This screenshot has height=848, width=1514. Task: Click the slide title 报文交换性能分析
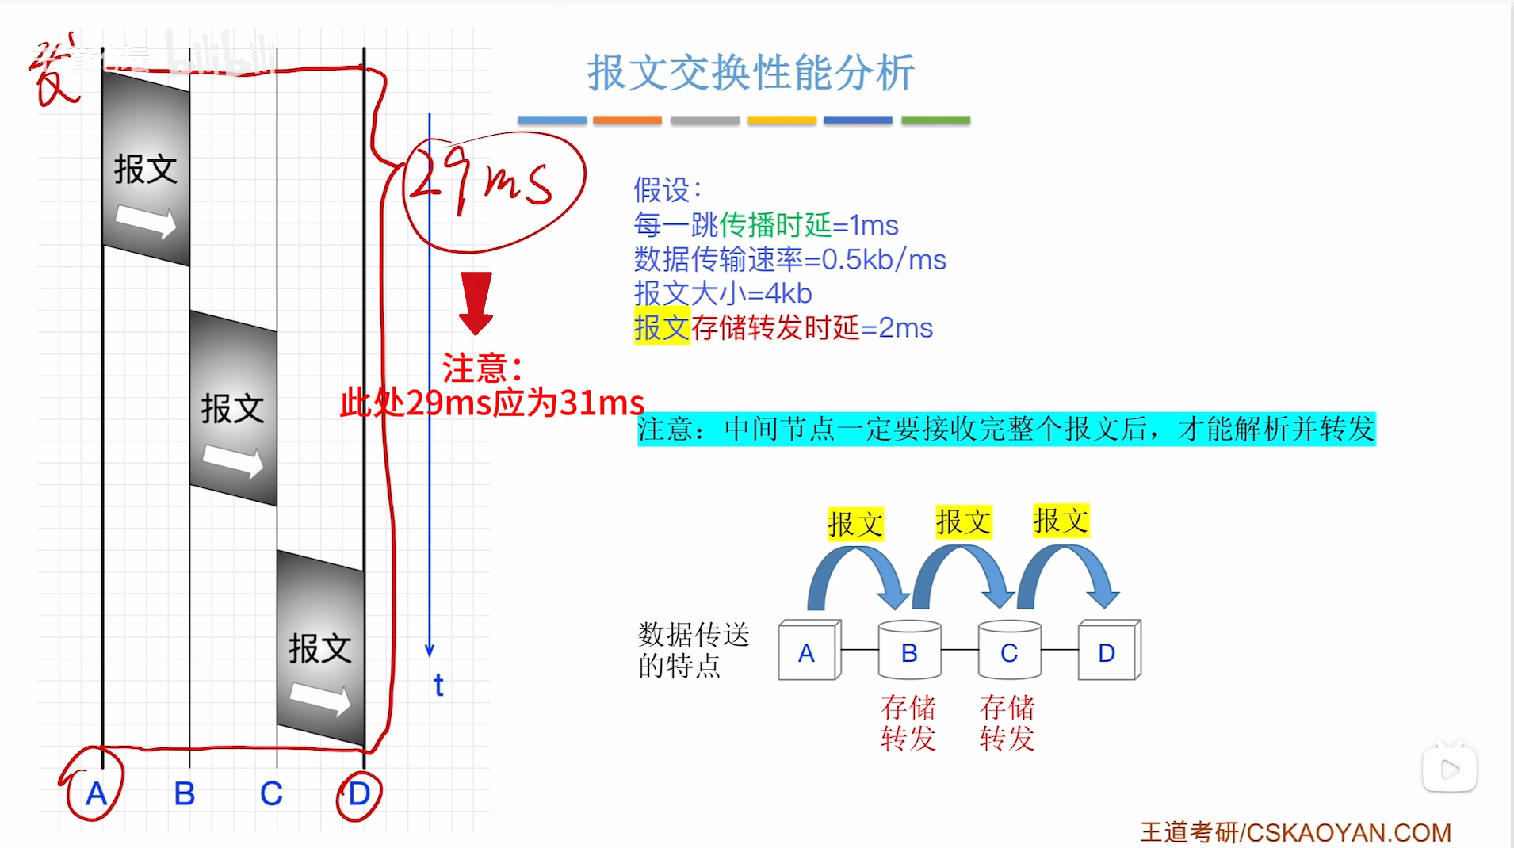pos(751,73)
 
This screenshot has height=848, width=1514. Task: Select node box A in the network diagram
pos(808,651)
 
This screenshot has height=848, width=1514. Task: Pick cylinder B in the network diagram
pos(909,651)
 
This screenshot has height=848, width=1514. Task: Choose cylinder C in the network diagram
pos(1008,651)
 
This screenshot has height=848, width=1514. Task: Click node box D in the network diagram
pos(1107,651)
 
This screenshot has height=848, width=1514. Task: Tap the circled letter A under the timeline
pos(96,793)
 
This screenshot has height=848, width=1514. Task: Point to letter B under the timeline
pos(184,793)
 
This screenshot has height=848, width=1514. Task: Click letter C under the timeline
pos(271,793)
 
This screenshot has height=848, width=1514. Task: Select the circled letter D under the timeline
pos(359,793)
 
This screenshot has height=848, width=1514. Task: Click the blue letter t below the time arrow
pos(438,685)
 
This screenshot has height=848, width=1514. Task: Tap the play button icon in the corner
pos(1449,769)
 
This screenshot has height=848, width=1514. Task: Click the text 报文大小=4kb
pos(723,293)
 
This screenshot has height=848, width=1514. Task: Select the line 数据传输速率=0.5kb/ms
pos(789,259)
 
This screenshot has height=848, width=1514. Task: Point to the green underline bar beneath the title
pos(935,120)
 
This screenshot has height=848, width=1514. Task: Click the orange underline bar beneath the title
pos(627,120)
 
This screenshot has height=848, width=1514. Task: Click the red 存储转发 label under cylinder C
pos(1007,722)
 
